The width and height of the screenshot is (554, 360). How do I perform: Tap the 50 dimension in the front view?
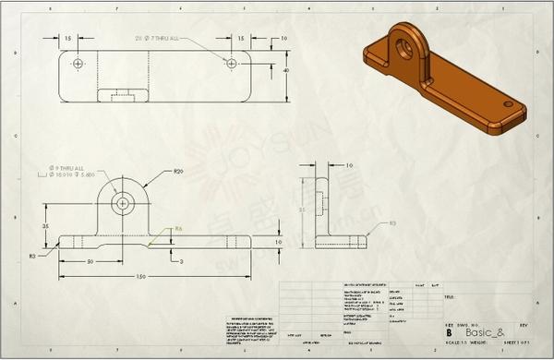90,261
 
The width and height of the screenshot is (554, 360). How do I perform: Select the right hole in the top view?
231,61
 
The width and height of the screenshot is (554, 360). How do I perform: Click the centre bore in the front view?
122,202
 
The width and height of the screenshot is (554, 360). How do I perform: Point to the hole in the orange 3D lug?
403,42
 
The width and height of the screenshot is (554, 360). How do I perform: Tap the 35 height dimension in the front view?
44,223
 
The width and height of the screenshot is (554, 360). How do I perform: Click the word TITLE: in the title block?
452,298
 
